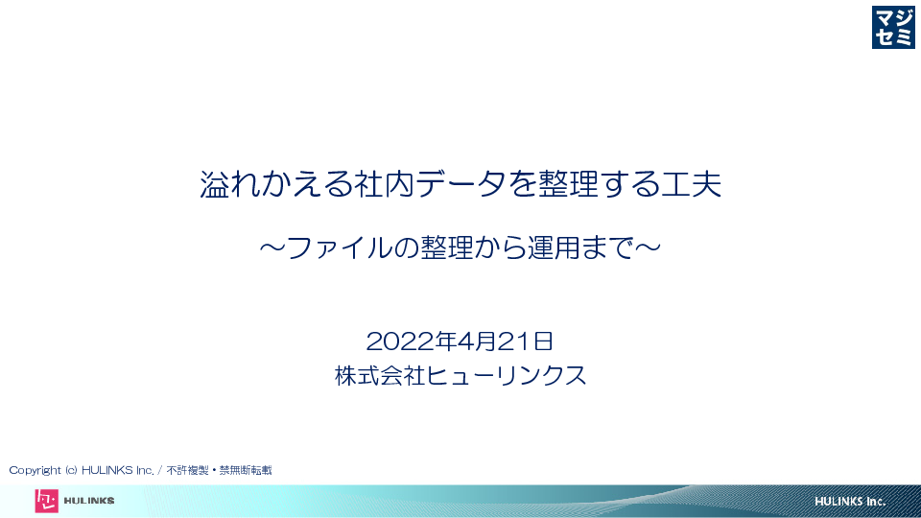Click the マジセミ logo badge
point(893,27)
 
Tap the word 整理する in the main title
point(598,184)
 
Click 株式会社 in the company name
point(380,376)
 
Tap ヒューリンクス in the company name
point(506,376)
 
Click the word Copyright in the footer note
point(35,470)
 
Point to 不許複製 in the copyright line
point(187,470)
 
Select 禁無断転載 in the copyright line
point(246,470)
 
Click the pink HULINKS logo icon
point(46,501)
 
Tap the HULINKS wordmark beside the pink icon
point(88,501)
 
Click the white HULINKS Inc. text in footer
point(849,502)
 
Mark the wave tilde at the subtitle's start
point(272,247)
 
